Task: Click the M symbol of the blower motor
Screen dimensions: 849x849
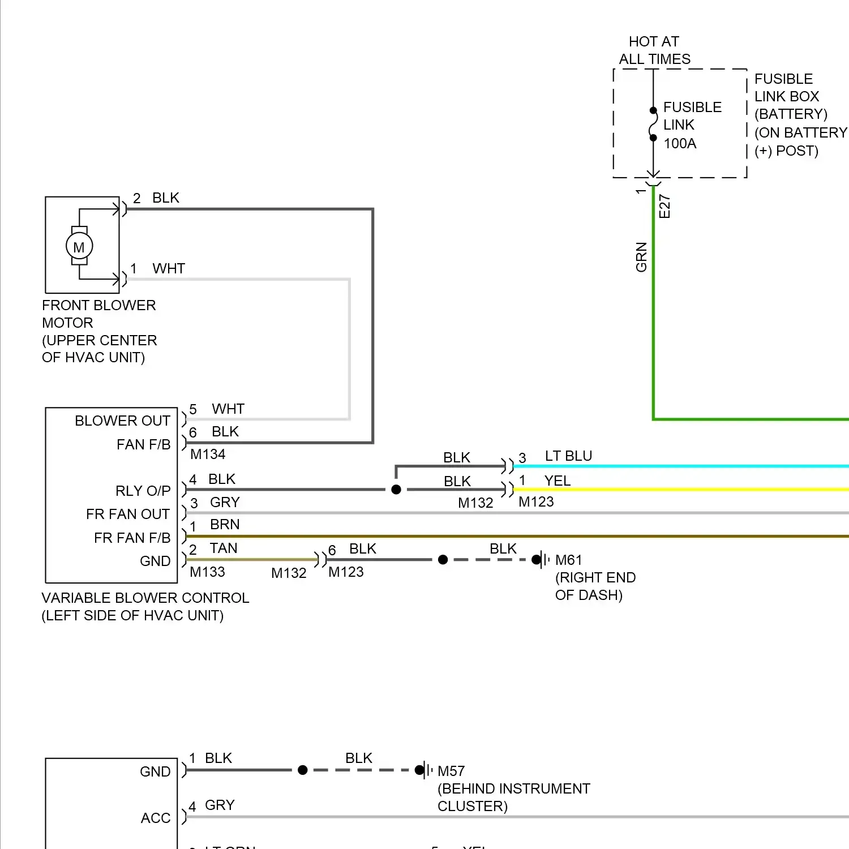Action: (x=79, y=247)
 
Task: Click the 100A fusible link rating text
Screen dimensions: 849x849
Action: (x=680, y=143)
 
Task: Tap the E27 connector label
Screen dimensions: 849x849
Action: (x=664, y=206)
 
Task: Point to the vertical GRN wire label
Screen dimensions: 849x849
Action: (x=641, y=257)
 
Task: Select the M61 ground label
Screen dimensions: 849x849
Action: (x=568, y=560)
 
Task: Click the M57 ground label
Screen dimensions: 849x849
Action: (x=451, y=771)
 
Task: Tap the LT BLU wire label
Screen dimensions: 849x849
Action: (x=568, y=456)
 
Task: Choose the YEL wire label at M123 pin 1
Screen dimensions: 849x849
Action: (x=557, y=481)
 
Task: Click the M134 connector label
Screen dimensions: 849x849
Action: (x=208, y=454)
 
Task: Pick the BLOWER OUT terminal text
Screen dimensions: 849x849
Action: (x=122, y=421)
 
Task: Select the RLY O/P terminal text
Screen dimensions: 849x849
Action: (x=143, y=491)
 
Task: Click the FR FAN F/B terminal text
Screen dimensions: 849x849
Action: (x=132, y=538)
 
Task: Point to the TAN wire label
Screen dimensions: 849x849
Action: (x=224, y=548)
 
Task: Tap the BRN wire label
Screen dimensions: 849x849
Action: (x=225, y=524)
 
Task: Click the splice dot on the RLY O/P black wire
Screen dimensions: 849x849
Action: (x=396, y=490)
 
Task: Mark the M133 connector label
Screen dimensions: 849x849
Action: (x=207, y=572)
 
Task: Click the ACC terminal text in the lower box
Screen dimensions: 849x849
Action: (x=155, y=818)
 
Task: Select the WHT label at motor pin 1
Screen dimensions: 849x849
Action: (x=169, y=268)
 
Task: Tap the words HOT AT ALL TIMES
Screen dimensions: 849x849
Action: (x=654, y=50)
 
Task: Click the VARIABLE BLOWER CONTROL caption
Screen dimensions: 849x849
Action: (x=145, y=598)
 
